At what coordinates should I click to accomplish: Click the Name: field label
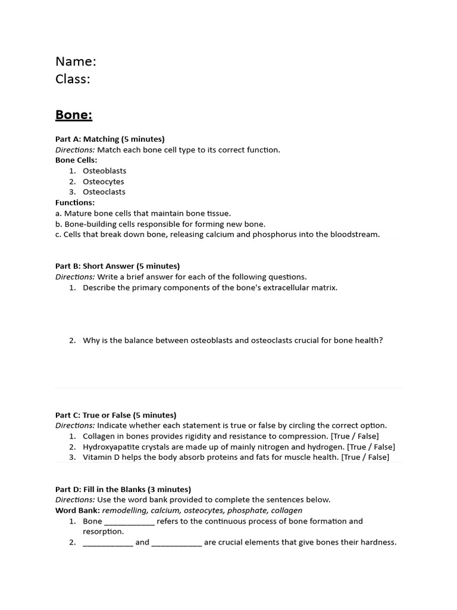76,61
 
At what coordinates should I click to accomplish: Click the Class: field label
73,79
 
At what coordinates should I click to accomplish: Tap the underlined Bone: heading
74,114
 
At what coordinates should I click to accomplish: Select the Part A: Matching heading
109,139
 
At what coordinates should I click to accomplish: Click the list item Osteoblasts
104,171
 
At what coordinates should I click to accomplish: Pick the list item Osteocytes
103,182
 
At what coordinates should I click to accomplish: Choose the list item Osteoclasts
104,192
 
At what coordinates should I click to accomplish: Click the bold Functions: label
75,203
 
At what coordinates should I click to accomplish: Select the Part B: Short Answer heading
117,266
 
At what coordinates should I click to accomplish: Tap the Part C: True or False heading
115,415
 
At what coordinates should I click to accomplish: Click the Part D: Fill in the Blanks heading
123,490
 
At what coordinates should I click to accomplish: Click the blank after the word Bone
129,522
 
